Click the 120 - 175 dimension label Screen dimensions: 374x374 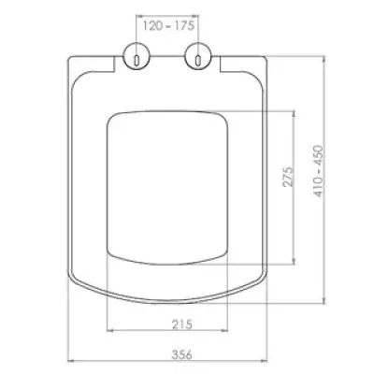168,25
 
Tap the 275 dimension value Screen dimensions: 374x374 288,177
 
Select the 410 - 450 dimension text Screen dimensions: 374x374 319,171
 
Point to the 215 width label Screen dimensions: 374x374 182,324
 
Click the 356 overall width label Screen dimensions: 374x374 182,354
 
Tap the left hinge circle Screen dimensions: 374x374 137,55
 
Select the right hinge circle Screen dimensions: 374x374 198,55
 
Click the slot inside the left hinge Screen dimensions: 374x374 137,60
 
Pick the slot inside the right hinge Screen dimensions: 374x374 198,60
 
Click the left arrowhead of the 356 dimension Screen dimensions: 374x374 71,361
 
